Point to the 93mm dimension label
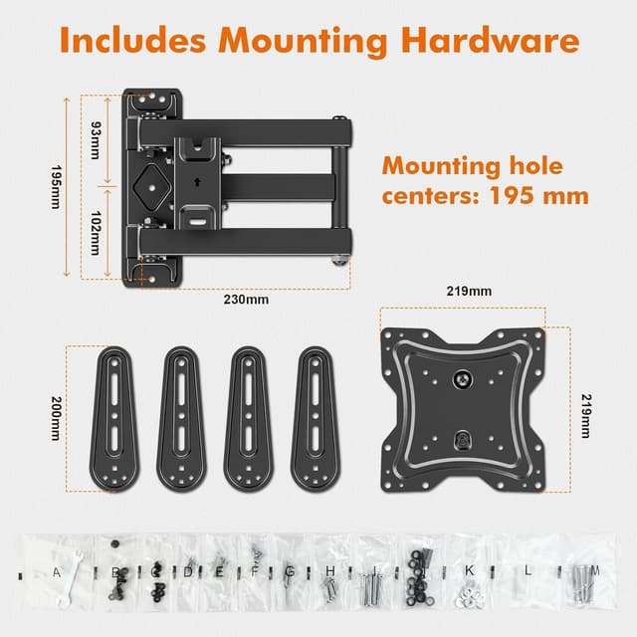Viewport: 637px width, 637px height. point(96,135)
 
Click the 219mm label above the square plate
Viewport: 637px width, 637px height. point(469,293)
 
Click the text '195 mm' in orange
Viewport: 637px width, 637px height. point(538,194)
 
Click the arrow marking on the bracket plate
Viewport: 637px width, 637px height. point(199,181)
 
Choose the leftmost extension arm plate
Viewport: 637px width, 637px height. point(118,417)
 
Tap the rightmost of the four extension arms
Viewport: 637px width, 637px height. point(316,417)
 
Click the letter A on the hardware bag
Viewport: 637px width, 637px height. point(57,572)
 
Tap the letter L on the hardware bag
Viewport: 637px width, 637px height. point(529,572)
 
